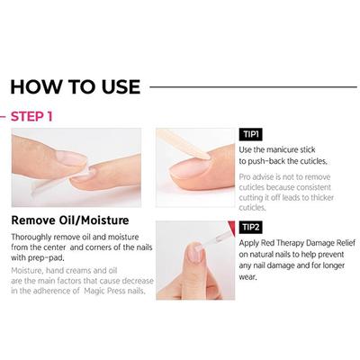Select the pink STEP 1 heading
click(x=31, y=116)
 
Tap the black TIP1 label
click(x=251, y=134)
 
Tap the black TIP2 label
click(x=251, y=227)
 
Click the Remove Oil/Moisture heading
click(x=70, y=220)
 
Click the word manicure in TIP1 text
click(x=283, y=149)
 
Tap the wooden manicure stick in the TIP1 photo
click(x=184, y=144)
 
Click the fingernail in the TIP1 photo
click(x=190, y=168)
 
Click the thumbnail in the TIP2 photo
click(x=195, y=253)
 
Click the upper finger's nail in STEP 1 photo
click(x=71, y=158)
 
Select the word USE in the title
click(x=121, y=87)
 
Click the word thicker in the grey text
click(x=322, y=198)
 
